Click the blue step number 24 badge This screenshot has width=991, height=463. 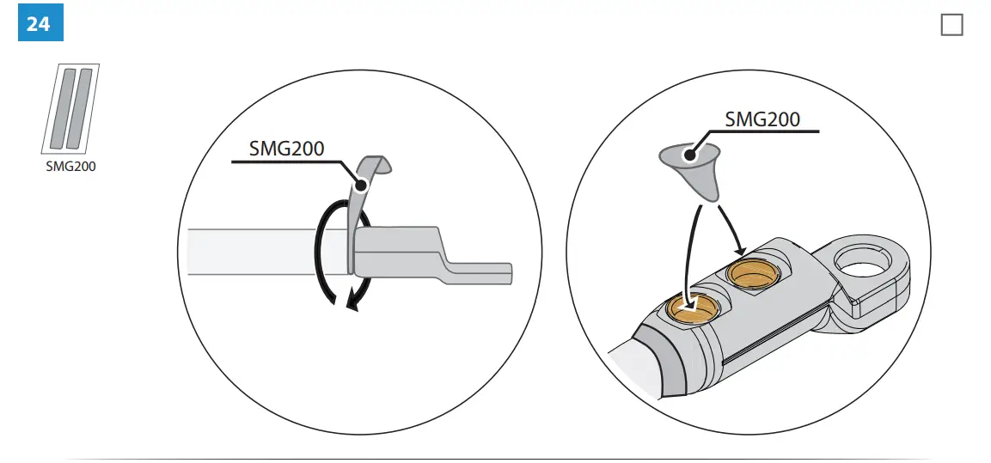coord(40,23)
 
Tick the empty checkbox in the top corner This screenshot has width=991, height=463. coord(951,26)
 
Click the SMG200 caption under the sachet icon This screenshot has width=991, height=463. coord(70,167)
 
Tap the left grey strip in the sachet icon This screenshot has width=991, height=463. coord(60,106)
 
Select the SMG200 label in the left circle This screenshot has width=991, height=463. coord(286,149)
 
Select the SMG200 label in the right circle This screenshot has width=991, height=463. coord(762,119)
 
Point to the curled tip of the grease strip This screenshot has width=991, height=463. coord(378,162)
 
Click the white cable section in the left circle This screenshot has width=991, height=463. coord(258,251)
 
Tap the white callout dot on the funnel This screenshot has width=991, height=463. coord(688,155)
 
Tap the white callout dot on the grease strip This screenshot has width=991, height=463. coord(363,184)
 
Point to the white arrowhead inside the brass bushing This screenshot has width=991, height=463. coord(685,302)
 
